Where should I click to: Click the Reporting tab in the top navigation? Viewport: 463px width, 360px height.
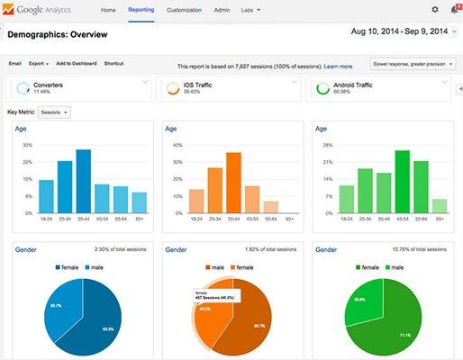coord(141,10)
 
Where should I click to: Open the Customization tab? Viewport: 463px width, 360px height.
coord(184,10)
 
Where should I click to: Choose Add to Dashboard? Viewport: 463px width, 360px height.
coord(76,64)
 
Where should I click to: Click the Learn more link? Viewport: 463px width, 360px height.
coord(338,67)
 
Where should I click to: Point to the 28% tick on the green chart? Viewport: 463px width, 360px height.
coord(325,145)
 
